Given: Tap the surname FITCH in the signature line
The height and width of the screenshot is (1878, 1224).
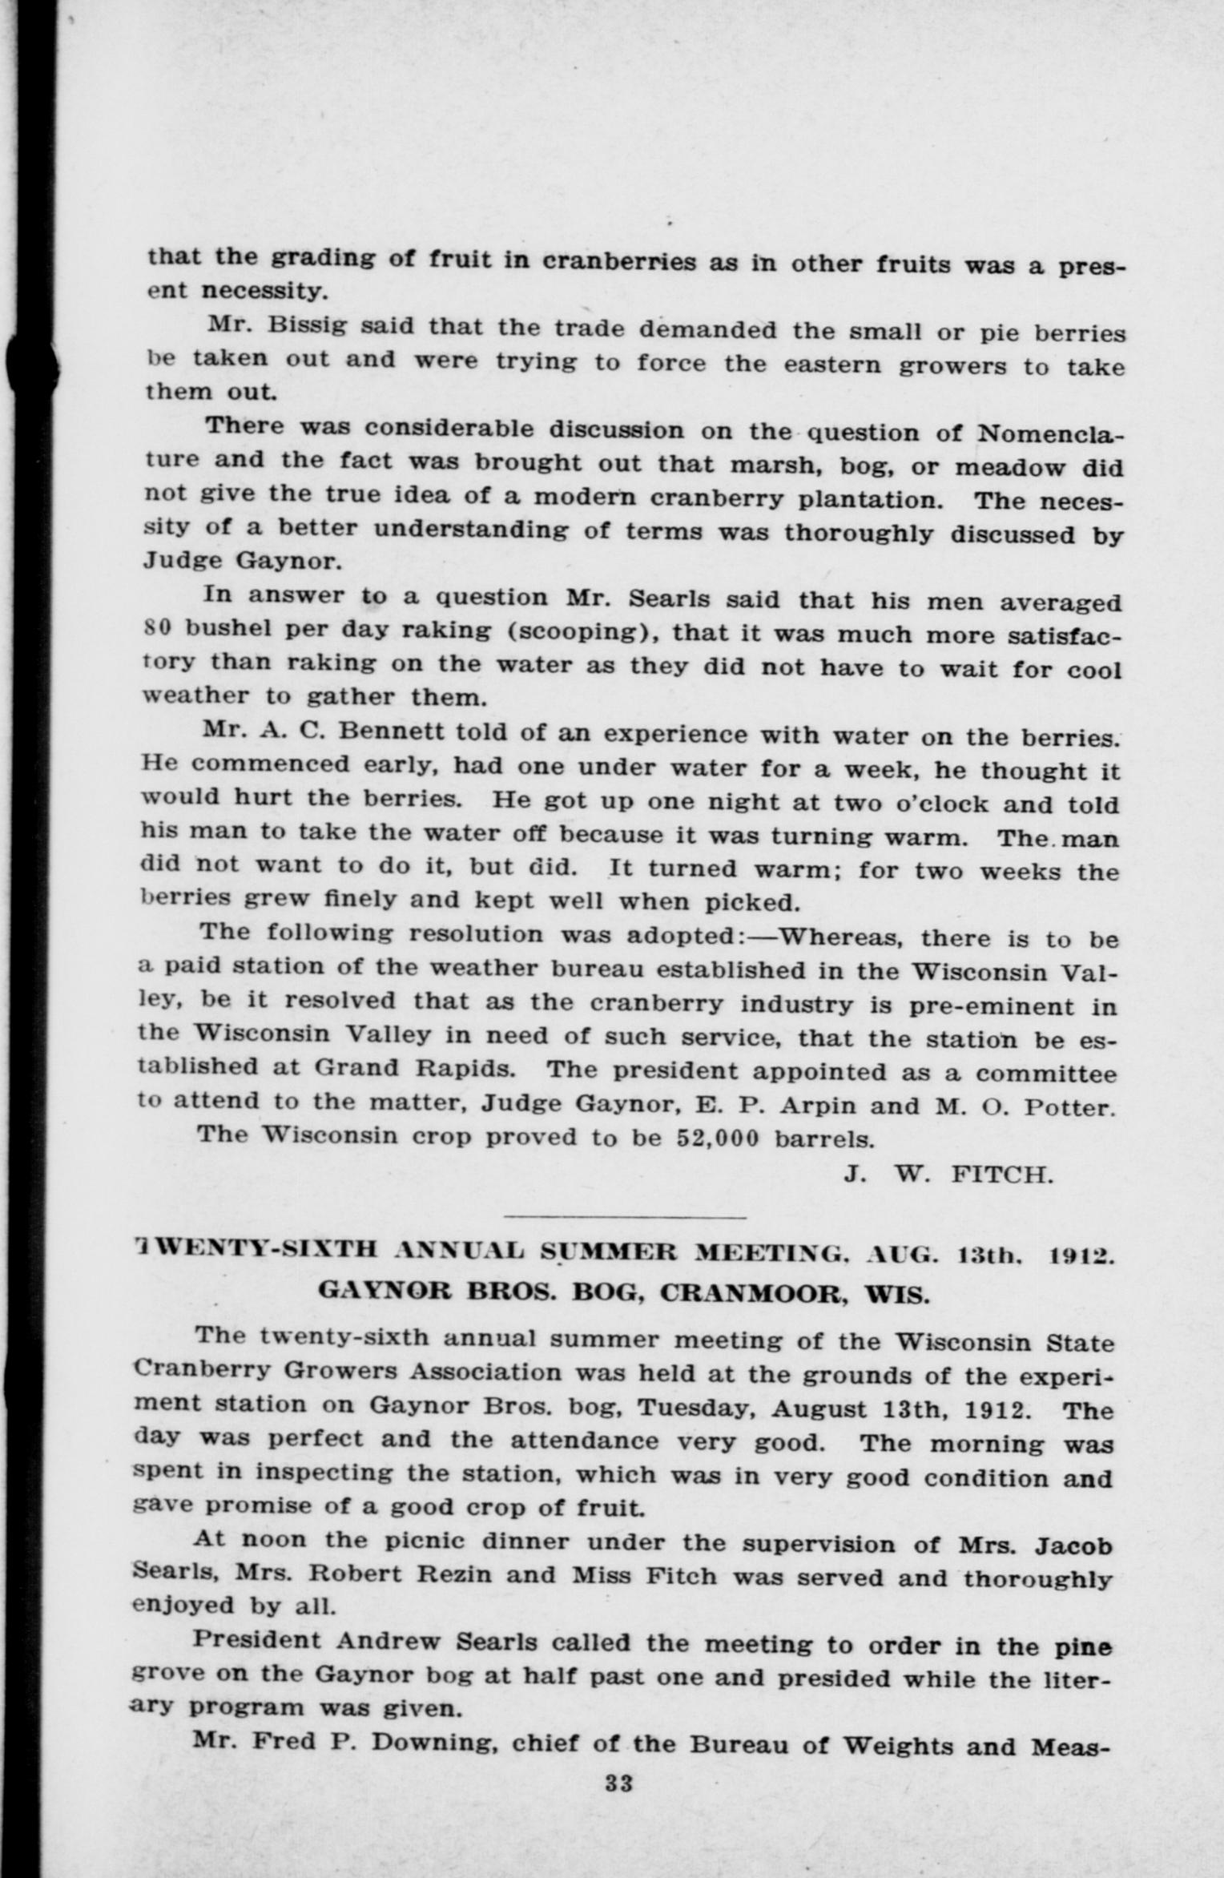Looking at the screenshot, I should [x=1001, y=1175].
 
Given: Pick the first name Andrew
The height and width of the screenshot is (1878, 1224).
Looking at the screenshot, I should [x=388, y=1642].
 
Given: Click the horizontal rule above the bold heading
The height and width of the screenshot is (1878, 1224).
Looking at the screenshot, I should [x=625, y=1218].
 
